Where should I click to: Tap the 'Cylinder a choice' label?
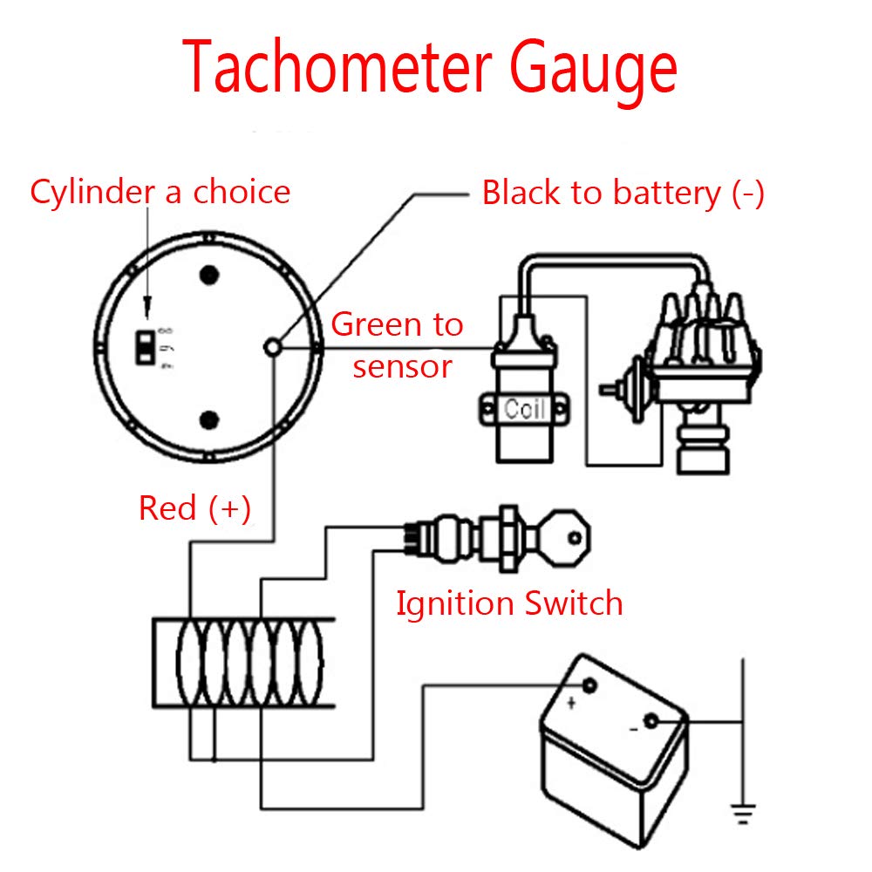point(160,192)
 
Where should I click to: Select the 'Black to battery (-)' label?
point(623,193)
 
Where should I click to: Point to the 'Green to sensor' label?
point(398,344)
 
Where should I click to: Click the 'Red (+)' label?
point(194,508)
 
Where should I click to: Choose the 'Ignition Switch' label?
point(509,603)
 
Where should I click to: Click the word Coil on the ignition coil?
point(524,408)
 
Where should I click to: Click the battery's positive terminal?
point(589,685)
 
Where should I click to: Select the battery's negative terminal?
point(651,722)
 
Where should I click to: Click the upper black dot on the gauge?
point(208,276)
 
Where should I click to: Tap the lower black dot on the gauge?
point(208,421)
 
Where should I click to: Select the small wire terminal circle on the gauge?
point(273,347)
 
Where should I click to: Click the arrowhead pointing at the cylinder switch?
point(146,306)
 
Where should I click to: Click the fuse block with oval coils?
point(244,663)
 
